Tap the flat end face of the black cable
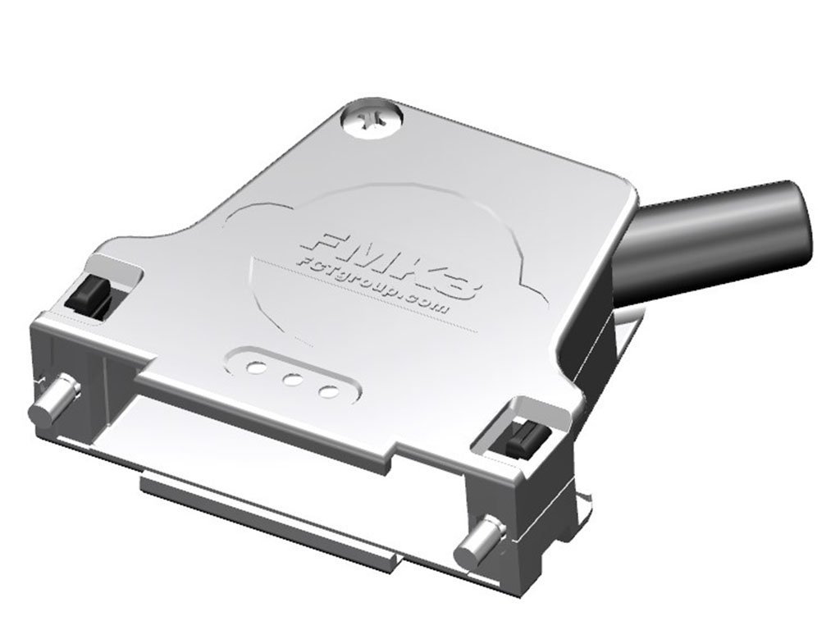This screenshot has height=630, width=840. click(797, 223)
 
